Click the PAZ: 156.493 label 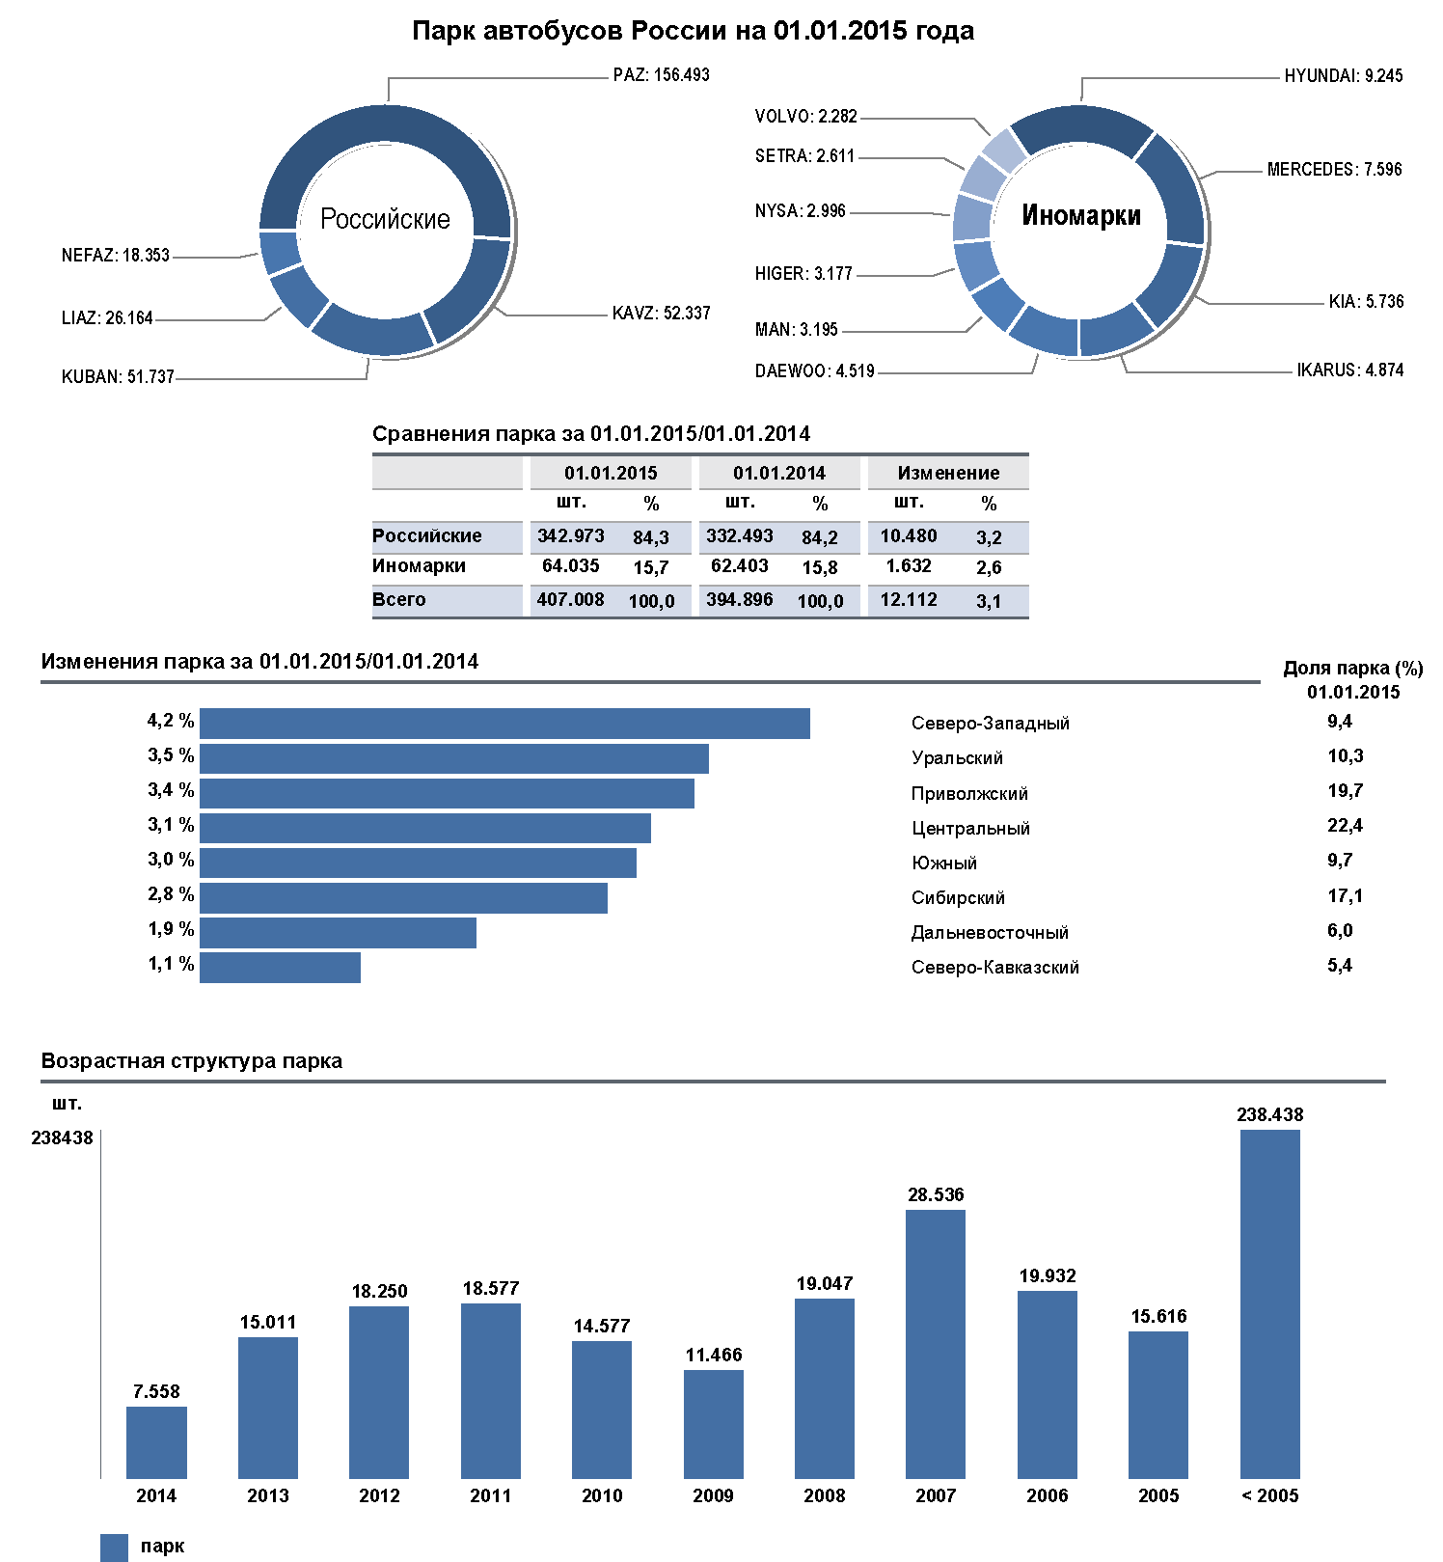pyautogui.click(x=661, y=75)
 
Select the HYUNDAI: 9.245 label pyautogui.click(x=1343, y=76)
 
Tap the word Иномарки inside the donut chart pyautogui.click(x=1080, y=215)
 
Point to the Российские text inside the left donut pyautogui.click(x=385, y=220)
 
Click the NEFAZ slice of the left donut pyautogui.click(x=280, y=251)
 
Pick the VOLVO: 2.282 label pyautogui.click(x=805, y=117)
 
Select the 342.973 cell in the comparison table pyautogui.click(x=570, y=536)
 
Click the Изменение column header pyautogui.click(x=948, y=473)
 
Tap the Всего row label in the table pyautogui.click(x=399, y=600)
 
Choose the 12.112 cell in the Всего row pyautogui.click(x=908, y=600)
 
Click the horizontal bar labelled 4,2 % pyautogui.click(x=504, y=724)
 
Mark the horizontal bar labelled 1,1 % pyautogui.click(x=280, y=968)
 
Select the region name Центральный pyautogui.click(x=970, y=829)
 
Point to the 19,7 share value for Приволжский pyautogui.click(x=1345, y=791)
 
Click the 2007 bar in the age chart pyautogui.click(x=936, y=1344)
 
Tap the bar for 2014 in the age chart pyautogui.click(x=156, y=1442)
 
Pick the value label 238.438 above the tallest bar pyautogui.click(x=1269, y=1115)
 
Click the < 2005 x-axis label pyautogui.click(x=1269, y=1496)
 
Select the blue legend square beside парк pyautogui.click(x=114, y=1548)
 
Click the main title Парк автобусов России pyautogui.click(x=693, y=31)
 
